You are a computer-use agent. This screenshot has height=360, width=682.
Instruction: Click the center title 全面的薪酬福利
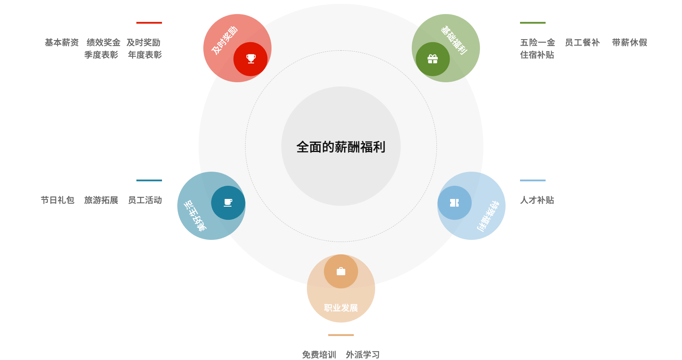point(341,147)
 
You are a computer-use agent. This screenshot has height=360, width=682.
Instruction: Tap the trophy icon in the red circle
point(251,59)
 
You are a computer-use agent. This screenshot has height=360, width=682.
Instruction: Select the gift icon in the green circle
point(433,59)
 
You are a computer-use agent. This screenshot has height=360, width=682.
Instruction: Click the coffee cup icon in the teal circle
point(228,202)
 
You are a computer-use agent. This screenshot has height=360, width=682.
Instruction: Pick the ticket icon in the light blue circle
point(454,203)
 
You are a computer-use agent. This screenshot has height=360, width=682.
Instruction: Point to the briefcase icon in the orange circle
point(341,271)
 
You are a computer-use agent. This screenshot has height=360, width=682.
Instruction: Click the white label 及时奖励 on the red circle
point(225,40)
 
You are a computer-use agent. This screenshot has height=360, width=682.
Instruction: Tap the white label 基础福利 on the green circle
point(454,40)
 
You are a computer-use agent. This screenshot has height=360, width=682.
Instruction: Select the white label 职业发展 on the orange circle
point(341,308)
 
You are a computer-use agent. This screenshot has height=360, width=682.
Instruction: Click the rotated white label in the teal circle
point(195,216)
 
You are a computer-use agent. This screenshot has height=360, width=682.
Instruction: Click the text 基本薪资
point(62,43)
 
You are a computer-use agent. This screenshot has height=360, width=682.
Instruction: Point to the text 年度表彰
point(145,55)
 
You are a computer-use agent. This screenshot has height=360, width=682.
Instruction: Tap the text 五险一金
point(538,43)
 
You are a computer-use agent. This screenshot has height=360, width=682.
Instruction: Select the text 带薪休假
point(630,43)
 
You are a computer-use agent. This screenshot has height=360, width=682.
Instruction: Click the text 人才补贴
point(537,200)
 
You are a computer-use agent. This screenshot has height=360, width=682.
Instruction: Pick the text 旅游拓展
point(101,200)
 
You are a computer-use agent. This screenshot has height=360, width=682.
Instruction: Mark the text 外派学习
point(363,354)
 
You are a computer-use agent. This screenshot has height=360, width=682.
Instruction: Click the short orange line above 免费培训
point(341,335)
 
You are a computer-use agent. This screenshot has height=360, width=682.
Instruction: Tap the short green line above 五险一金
point(532,23)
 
